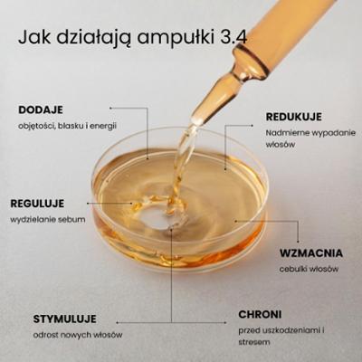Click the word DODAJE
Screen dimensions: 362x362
(41, 110)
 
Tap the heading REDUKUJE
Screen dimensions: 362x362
(294, 117)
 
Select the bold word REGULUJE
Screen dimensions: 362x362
(37, 204)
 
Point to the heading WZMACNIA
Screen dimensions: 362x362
(311, 253)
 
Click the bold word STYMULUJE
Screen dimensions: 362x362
(65, 319)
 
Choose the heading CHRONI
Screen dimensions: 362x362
(260, 315)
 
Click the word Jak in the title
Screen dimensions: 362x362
(34, 38)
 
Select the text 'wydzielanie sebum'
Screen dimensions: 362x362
(48, 219)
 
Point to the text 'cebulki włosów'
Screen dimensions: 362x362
(309, 269)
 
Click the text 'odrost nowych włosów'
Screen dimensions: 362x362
(78, 335)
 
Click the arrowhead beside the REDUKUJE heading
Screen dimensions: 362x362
(252, 125)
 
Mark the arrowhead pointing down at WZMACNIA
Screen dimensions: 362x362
(298, 241)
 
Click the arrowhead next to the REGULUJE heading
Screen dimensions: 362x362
(88, 204)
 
